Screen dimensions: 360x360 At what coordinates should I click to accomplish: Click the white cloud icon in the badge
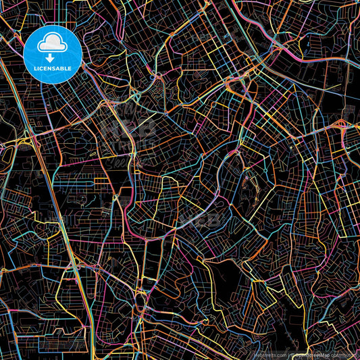(52, 44)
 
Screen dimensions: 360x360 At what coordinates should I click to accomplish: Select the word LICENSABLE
(52, 69)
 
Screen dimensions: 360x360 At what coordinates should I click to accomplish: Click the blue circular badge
(52, 54)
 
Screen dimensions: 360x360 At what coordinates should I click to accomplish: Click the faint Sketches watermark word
(128, 162)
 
